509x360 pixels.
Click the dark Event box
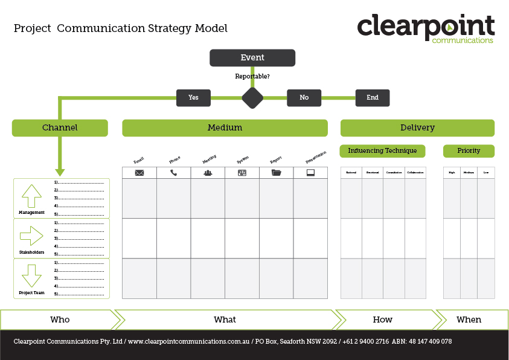pyautogui.click(x=252, y=58)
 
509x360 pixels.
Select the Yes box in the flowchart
pyautogui.click(x=193, y=98)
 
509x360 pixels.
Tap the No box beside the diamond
pyautogui.click(x=304, y=98)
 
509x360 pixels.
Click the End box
pyautogui.click(x=373, y=98)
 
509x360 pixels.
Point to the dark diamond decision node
pyautogui.click(x=252, y=98)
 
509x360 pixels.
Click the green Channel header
pyautogui.click(x=60, y=128)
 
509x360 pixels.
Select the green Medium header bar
pyautogui.click(x=225, y=128)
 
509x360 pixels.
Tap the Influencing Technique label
pyautogui.click(x=383, y=151)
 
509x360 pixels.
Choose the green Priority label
pyautogui.click(x=469, y=151)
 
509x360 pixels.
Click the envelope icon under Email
pyautogui.click(x=139, y=173)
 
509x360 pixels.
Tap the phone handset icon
pyautogui.click(x=174, y=173)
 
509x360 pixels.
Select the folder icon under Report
pyautogui.click(x=277, y=173)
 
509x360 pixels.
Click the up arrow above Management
pyautogui.click(x=31, y=196)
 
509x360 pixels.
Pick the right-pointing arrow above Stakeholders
pyautogui.click(x=31, y=236)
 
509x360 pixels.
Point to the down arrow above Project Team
pyautogui.click(x=31, y=275)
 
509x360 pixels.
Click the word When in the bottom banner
pyautogui.click(x=469, y=320)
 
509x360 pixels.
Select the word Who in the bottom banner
pyautogui.click(x=60, y=320)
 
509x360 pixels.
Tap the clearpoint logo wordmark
pyautogui.click(x=425, y=27)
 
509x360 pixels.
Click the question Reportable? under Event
pyautogui.click(x=252, y=77)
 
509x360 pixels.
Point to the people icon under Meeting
pyautogui.click(x=208, y=173)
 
